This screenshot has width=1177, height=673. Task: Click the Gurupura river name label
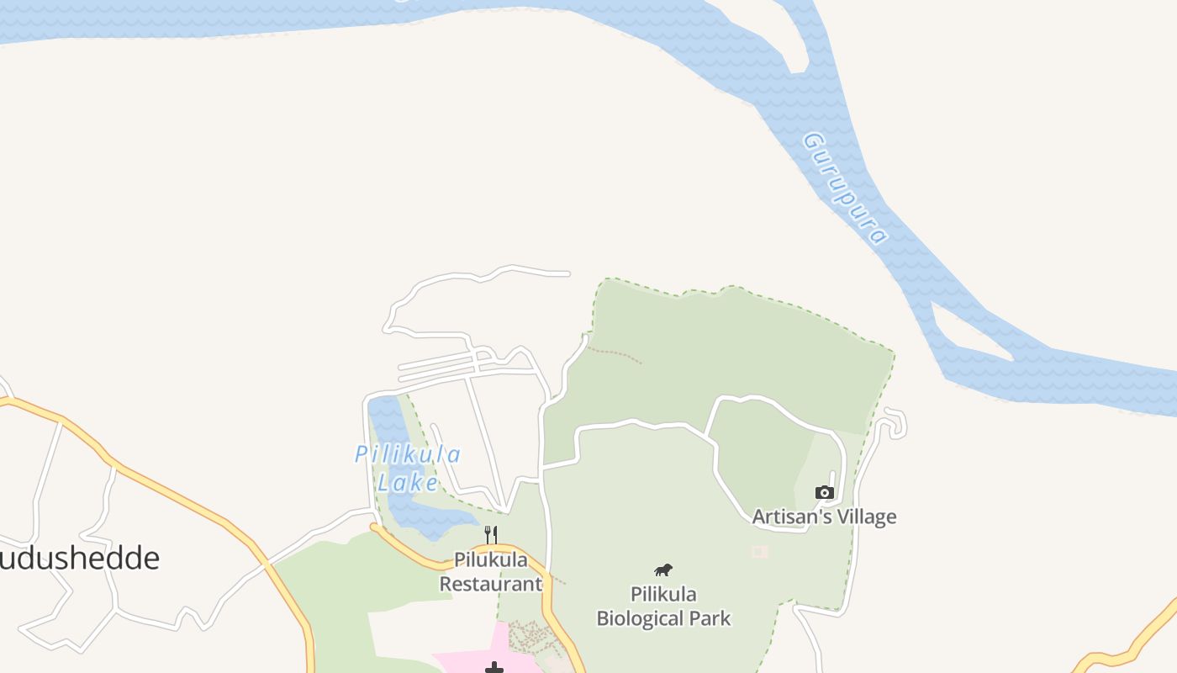[x=845, y=187]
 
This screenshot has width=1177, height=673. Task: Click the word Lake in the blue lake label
[x=408, y=483]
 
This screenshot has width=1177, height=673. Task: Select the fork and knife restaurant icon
[x=491, y=534]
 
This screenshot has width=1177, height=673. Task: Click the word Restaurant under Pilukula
[x=491, y=583]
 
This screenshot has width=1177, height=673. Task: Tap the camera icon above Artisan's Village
[x=825, y=492]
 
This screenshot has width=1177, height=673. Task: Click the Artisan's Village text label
[x=824, y=517]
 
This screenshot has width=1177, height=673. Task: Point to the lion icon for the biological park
[x=663, y=570]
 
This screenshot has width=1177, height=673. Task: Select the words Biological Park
[x=663, y=618]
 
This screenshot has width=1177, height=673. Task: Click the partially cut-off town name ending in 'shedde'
[x=80, y=558]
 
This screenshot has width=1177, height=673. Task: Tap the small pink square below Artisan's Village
[x=759, y=551]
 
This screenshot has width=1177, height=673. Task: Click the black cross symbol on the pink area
[x=494, y=668]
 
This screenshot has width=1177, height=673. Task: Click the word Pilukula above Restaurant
[x=491, y=559]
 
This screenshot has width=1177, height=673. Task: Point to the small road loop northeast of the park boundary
[x=895, y=422]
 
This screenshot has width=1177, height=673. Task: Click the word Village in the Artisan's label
[x=863, y=517]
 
